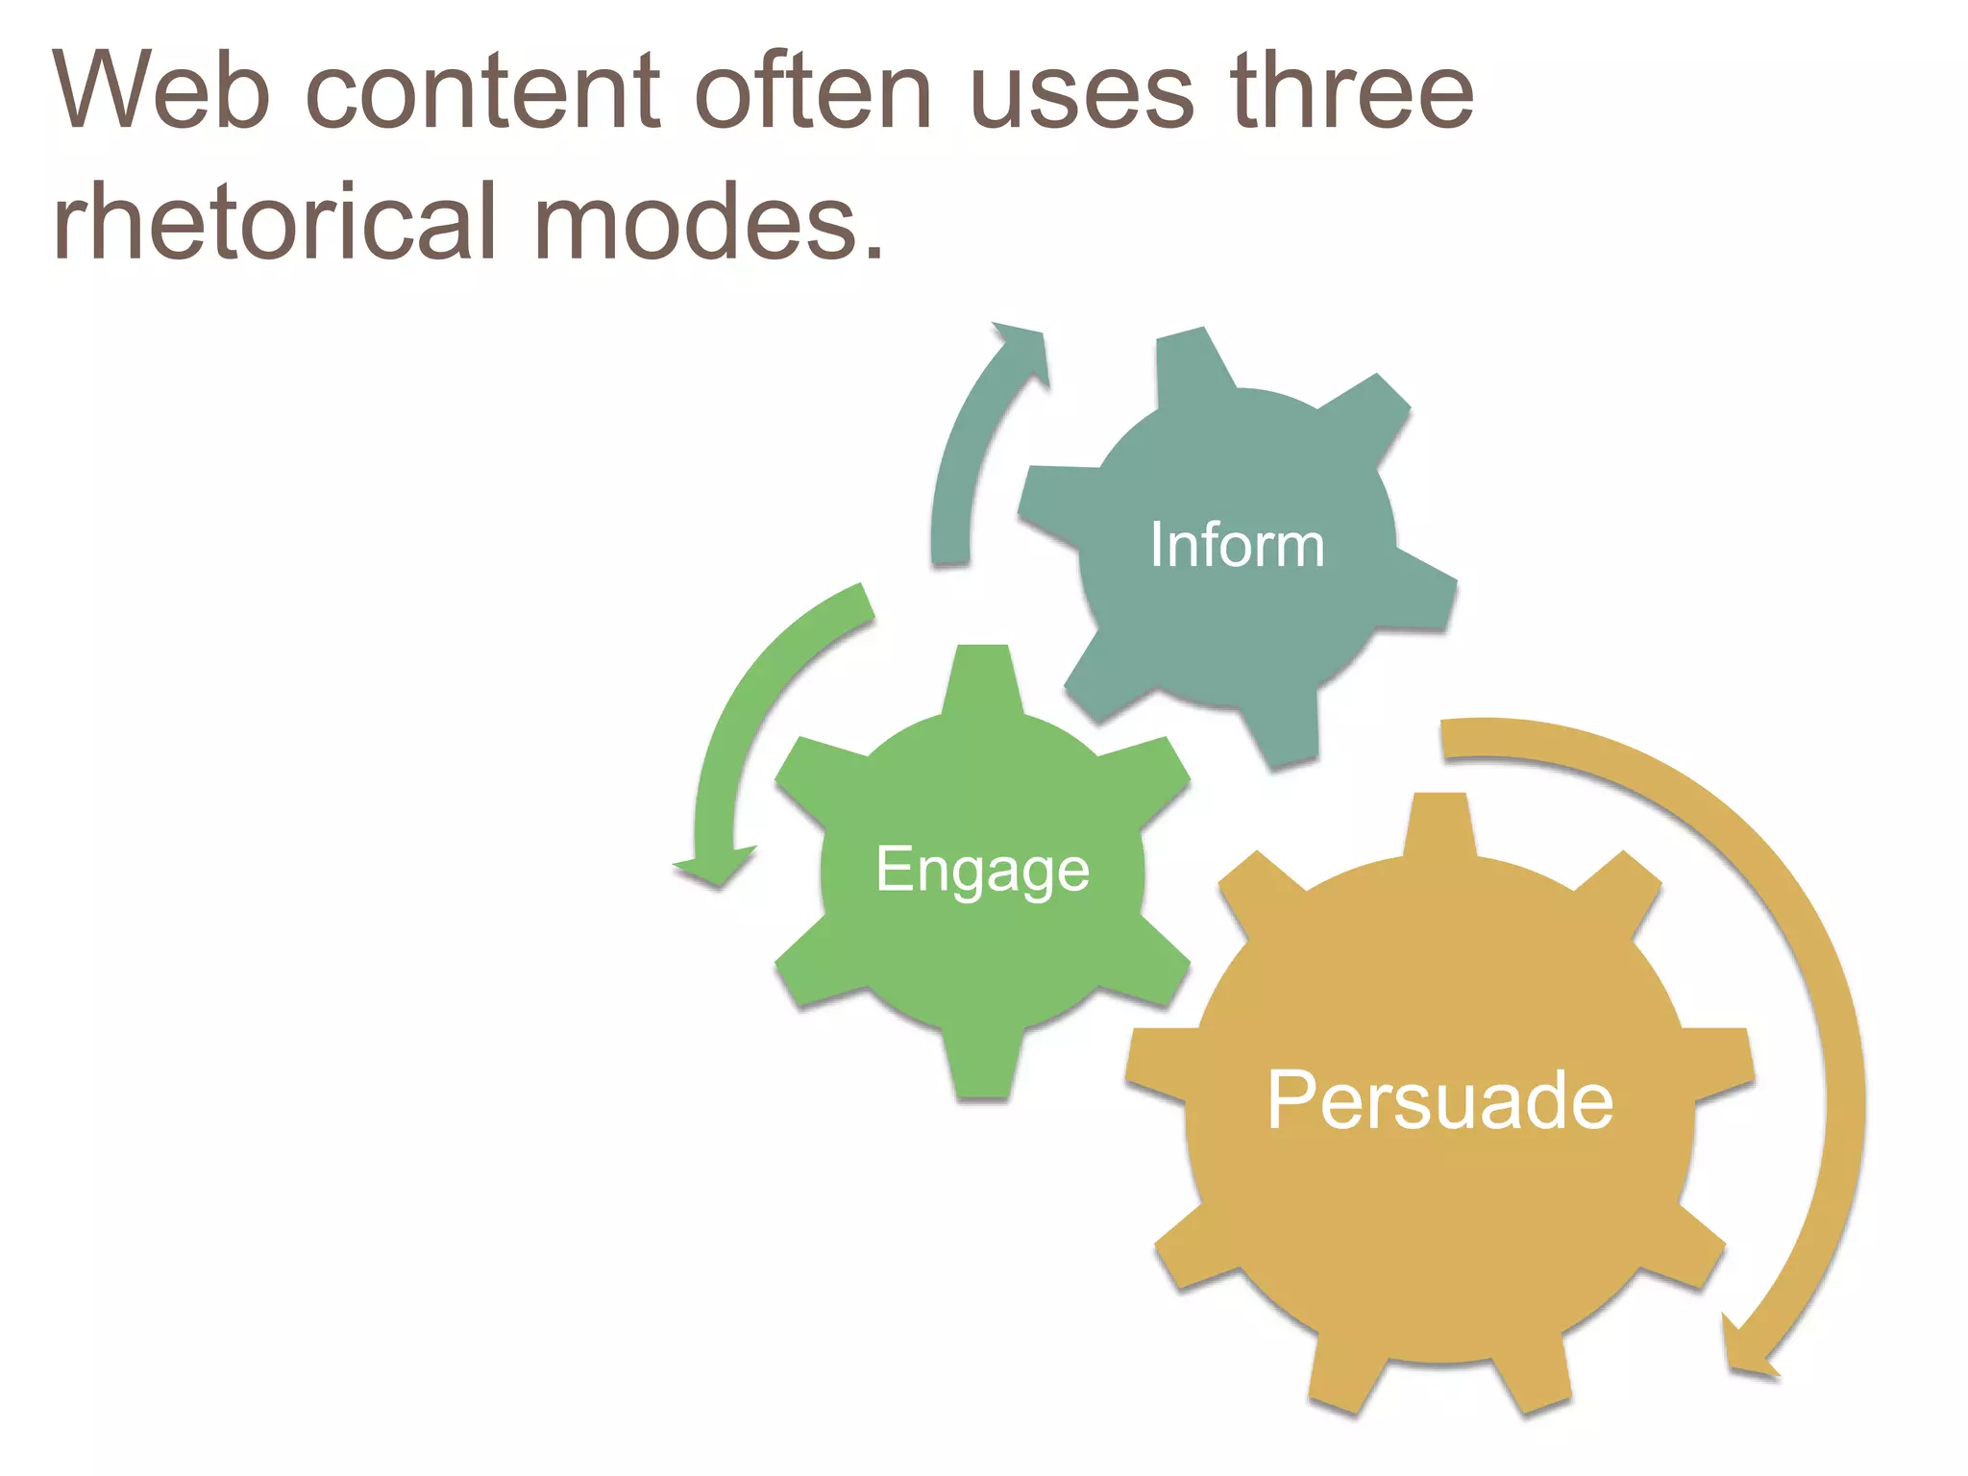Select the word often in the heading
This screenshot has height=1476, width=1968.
[x=813, y=90]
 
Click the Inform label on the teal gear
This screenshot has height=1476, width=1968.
[x=1237, y=545]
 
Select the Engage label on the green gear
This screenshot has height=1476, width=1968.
[x=982, y=870]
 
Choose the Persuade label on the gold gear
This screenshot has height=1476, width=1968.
[x=1439, y=1100]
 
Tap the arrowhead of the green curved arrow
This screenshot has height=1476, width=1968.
[x=715, y=866]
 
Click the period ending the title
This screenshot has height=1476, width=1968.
[x=873, y=252]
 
